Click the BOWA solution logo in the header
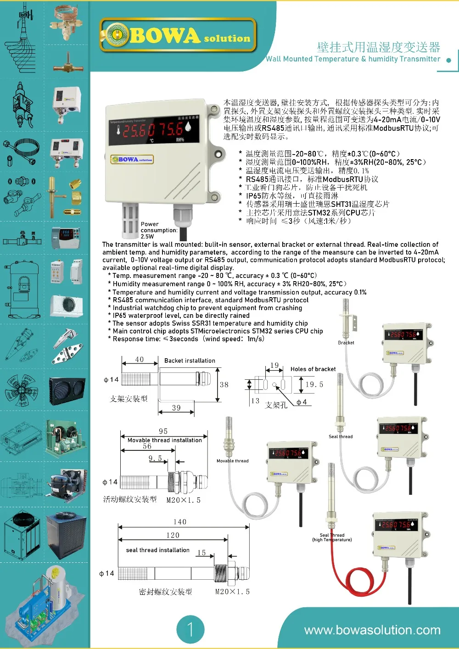(178, 35)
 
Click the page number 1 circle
(190, 629)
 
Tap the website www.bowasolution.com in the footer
(372, 630)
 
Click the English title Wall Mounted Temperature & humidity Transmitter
(353, 59)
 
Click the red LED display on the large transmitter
(153, 130)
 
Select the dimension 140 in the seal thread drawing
(180, 522)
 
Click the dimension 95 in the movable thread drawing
(163, 431)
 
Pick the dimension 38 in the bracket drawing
(224, 385)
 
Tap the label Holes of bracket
(313, 369)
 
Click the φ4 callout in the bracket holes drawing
(302, 402)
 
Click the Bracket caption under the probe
(346, 343)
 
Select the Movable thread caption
(232, 461)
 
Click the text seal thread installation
(157, 550)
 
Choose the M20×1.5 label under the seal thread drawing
(232, 592)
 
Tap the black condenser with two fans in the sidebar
(67, 391)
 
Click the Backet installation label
(190, 361)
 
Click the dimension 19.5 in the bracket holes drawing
(314, 384)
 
